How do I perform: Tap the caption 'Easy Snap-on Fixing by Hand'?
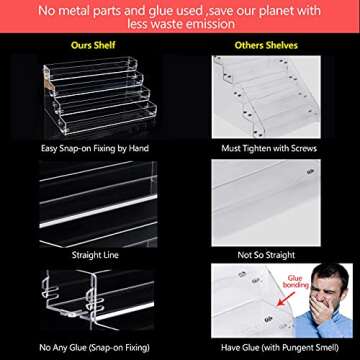87,147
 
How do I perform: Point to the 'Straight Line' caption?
87,255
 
